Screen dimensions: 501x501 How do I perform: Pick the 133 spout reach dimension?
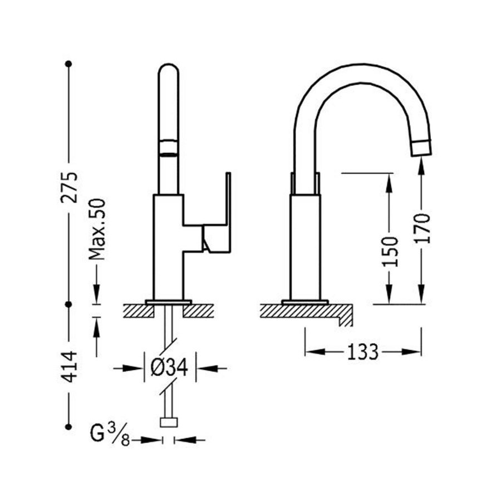click(363, 352)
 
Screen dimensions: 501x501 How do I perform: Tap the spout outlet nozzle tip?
click(423, 148)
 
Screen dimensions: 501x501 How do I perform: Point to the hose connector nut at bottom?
click(168, 422)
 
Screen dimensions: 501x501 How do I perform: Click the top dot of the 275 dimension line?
click(69, 63)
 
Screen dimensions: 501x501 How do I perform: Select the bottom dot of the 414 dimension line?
click(69, 427)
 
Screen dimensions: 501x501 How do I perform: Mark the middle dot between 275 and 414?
click(69, 304)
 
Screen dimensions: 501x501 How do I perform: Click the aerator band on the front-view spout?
click(169, 146)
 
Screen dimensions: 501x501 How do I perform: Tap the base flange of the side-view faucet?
click(305, 302)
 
